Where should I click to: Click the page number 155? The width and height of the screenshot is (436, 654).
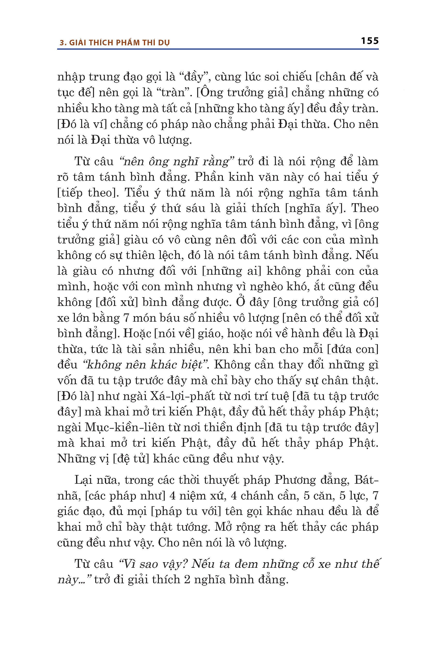coord(370,41)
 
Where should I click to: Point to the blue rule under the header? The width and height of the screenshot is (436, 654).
coord(218,49)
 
